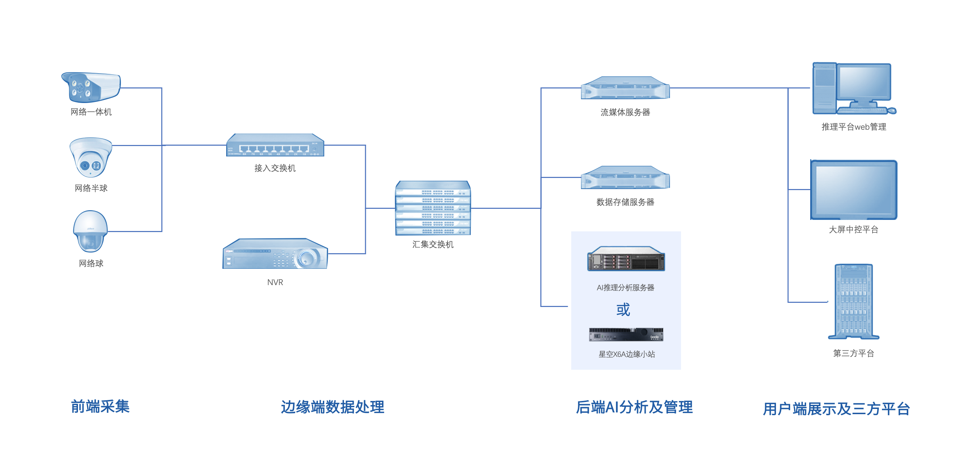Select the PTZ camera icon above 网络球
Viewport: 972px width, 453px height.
(x=90, y=231)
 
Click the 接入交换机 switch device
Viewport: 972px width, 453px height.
(x=275, y=145)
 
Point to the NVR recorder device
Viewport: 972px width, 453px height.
(x=275, y=254)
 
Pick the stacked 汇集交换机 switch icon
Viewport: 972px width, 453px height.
(x=433, y=208)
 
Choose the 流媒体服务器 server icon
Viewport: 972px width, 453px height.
(x=625, y=88)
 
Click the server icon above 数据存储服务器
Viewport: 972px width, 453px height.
(x=625, y=178)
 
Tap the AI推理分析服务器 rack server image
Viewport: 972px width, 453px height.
(x=626, y=259)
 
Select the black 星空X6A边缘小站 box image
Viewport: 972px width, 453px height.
(x=626, y=334)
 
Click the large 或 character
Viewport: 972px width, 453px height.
(x=623, y=310)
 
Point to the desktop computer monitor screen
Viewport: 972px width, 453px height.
(x=863, y=82)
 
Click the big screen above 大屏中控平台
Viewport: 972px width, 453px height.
(x=854, y=190)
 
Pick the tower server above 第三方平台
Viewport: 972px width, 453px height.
(x=854, y=301)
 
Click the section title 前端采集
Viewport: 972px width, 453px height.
(x=100, y=407)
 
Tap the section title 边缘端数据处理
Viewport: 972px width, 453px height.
(x=333, y=407)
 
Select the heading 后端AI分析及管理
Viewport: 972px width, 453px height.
(x=634, y=407)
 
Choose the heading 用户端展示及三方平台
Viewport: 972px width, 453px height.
(x=836, y=408)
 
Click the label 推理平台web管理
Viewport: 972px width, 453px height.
(x=854, y=127)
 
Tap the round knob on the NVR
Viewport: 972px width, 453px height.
(x=306, y=258)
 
